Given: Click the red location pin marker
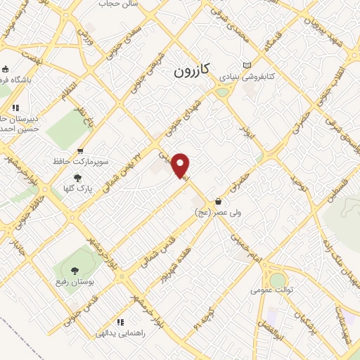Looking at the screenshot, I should (x=181, y=165).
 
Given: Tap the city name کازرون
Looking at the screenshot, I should (x=191, y=71).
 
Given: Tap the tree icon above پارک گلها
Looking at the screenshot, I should (x=77, y=178).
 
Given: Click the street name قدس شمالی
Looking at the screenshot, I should (x=147, y=250).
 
